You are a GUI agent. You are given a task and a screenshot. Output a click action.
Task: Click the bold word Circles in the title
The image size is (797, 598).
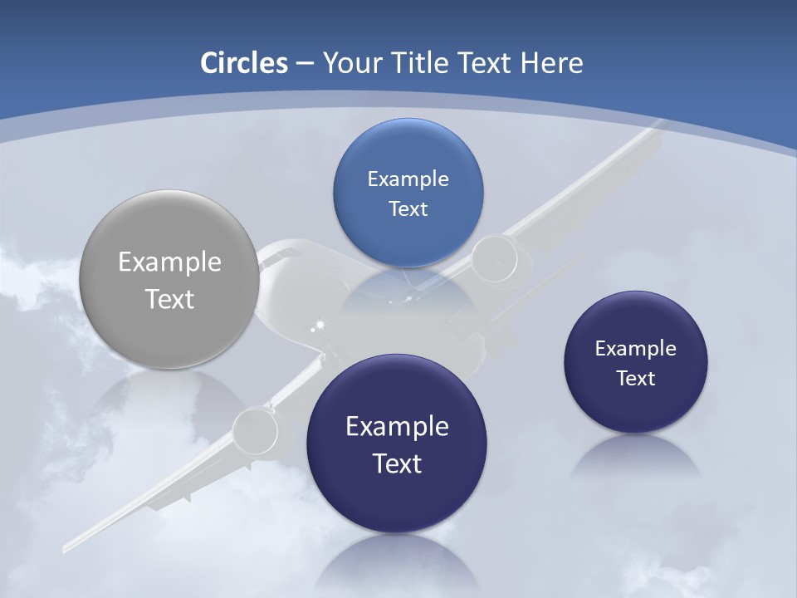(x=244, y=63)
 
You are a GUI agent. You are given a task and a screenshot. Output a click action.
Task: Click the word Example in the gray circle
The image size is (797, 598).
(x=169, y=262)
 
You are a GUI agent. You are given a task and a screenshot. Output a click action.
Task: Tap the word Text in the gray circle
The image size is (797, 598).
(x=169, y=299)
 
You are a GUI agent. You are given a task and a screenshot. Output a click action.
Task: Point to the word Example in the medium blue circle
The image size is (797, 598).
(x=408, y=179)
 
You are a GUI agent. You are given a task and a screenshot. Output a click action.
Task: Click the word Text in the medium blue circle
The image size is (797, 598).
(x=408, y=208)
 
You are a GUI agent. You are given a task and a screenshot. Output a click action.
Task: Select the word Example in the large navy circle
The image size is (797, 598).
(x=397, y=427)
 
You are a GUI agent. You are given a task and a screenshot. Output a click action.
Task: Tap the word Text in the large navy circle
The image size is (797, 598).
(x=397, y=463)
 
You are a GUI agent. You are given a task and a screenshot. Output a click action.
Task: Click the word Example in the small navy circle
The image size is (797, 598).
(x=636, y=349)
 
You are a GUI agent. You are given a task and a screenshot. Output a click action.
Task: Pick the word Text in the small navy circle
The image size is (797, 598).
(x=636, y=379)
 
